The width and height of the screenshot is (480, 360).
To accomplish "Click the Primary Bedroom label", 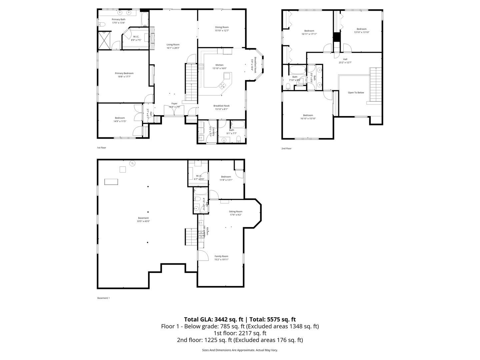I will click(124, 73).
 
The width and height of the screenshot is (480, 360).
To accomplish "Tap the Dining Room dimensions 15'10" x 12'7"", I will click(222, 31).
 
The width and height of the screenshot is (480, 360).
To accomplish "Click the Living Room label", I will click(173, 45).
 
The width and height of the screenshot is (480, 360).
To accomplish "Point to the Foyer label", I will click(174, 103).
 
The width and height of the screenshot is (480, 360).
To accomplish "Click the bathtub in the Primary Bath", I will click(145, 20).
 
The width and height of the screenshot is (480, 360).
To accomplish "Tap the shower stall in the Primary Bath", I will click(105, 40).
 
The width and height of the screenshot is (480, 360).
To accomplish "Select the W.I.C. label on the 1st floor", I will click(136, 37).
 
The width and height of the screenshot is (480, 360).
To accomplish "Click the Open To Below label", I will click(356, 93).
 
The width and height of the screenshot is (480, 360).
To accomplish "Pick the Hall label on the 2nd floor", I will click(345, 59).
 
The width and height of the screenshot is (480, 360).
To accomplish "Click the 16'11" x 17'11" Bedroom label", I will click(309, 31).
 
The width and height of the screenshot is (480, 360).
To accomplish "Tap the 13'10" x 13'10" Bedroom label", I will click(361, 29).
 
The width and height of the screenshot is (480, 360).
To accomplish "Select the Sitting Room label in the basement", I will click(235, 211).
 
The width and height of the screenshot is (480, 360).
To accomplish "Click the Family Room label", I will click(221, 256).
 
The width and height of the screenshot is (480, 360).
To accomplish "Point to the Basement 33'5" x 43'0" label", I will click(143, 218).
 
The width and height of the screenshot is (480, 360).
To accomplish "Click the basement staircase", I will click(191, 237).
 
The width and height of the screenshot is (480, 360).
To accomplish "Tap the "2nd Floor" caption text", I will click(286, 148).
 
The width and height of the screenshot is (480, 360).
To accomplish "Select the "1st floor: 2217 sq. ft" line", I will click(240, 333).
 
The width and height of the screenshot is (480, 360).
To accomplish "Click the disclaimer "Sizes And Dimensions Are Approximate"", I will click(228, 350).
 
